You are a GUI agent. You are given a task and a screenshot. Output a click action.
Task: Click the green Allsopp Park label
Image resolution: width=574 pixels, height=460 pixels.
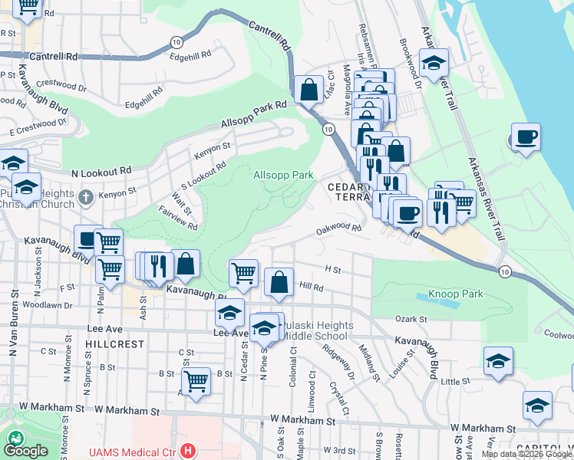click(x=283, y=176)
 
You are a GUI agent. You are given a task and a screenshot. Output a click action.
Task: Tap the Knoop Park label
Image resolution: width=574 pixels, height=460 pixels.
click(x=455, y=294)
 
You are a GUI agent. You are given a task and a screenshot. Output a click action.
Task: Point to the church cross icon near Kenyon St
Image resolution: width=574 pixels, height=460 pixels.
click(x=86, y=198)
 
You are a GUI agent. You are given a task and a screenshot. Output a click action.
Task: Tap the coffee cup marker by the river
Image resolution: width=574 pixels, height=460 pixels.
click(x=526, y=137)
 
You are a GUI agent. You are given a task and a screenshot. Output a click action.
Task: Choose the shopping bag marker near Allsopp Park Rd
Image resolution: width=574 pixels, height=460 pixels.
click(x=308, y=90)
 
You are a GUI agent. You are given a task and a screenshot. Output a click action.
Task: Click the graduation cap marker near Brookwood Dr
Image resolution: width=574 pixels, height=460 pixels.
click(x=434, y=63)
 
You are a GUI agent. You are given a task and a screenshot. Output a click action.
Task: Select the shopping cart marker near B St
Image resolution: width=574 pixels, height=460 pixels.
click(x=196, y=381)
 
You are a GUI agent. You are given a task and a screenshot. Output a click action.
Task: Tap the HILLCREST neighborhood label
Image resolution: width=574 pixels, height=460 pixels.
click(x=115, y=344)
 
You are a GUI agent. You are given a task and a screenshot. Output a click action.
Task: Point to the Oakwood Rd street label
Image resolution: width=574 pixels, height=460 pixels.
click(x=338, y=228)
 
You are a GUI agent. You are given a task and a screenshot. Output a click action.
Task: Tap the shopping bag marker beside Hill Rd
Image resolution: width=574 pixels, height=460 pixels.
click(x=279, y=281)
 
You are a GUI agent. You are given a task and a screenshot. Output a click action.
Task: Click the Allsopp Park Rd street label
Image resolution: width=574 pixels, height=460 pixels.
click(x=253, y=114)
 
